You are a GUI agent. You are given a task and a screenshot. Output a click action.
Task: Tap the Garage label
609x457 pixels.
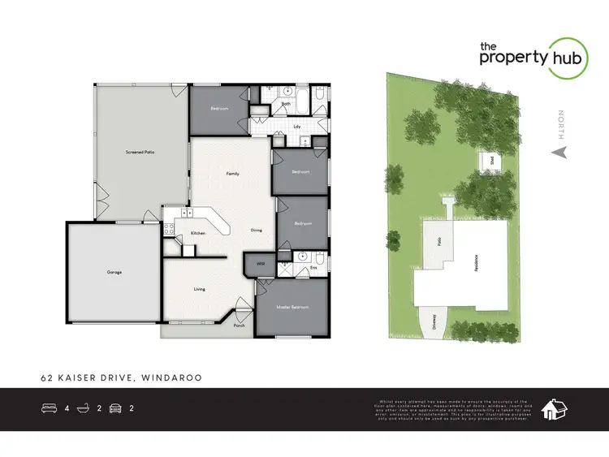pos(114,272)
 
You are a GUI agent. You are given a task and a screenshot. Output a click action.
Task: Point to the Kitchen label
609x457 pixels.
pos(198,234)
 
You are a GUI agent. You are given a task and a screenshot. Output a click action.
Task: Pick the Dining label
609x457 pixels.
pos(256,231)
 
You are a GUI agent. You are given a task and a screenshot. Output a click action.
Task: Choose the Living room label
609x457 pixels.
pos(199,288)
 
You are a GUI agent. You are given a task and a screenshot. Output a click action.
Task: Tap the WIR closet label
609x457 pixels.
pos(261,264)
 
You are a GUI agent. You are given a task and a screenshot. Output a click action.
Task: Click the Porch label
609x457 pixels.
pos(239,326)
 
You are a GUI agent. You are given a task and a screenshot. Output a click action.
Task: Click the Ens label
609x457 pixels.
pos(313,266)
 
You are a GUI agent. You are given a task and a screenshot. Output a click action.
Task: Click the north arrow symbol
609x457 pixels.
pos(557,151)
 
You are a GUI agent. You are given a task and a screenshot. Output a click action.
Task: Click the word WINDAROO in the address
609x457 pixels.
pos(171,377)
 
